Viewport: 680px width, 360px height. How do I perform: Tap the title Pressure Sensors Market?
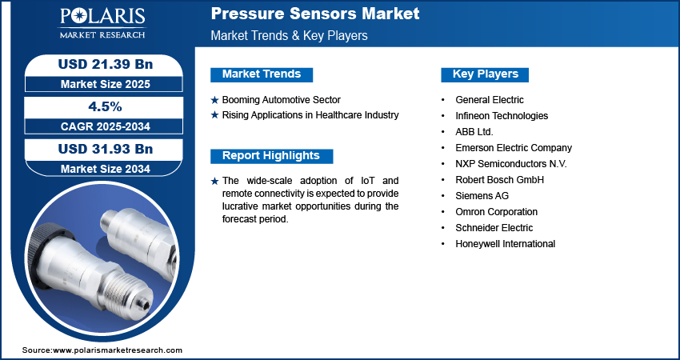tap(315, 14)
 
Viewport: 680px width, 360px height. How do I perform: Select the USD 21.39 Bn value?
tap(106, 64)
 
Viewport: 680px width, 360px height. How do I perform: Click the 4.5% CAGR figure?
tap(105, 106)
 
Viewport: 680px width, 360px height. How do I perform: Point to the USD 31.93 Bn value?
tap(106, 149)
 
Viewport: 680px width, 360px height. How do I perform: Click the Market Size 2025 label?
tap(106, 84)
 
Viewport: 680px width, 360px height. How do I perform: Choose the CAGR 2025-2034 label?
tap(106, 126)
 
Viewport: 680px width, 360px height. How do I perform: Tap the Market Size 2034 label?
tap(106, 169)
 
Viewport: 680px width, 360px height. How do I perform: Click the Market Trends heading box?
tap(262, 74)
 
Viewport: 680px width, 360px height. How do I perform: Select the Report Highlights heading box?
tap(271, 156)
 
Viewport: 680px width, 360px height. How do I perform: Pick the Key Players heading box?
tap(485, 74)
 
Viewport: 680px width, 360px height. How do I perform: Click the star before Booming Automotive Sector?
tap(214, 100)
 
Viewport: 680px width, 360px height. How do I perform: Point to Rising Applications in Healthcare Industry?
tap(310, 115)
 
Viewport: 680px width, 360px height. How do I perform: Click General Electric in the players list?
tap(489, 100)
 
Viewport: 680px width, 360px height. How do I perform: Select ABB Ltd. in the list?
tap(474, 132)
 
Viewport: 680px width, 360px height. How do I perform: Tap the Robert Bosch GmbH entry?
tap(499, 179)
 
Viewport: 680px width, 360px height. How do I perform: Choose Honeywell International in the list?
tap(505, 244)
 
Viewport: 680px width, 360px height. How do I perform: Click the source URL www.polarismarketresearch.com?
tap(118, 350)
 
